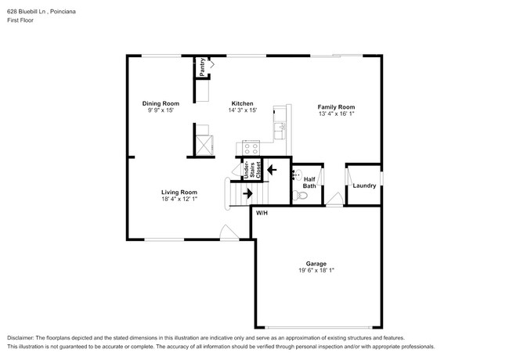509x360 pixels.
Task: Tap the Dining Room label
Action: point(161,103)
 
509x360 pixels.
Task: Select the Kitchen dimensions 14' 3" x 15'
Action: point(242,110)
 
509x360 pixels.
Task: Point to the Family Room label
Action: point(336,106)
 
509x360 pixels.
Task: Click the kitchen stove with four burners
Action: point(251,147)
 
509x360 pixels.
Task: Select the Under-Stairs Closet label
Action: point(249,171)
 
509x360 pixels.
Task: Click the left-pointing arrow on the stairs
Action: point(273,167)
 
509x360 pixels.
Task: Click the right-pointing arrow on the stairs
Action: point(247,193)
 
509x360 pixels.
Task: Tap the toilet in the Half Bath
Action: point(298,195)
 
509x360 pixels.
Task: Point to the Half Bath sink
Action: point(297,174)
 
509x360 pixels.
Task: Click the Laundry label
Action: point(364,185)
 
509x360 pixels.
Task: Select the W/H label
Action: point(262,213)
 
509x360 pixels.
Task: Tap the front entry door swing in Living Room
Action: point(226,232)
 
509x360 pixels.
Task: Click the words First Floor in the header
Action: point(21,20)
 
